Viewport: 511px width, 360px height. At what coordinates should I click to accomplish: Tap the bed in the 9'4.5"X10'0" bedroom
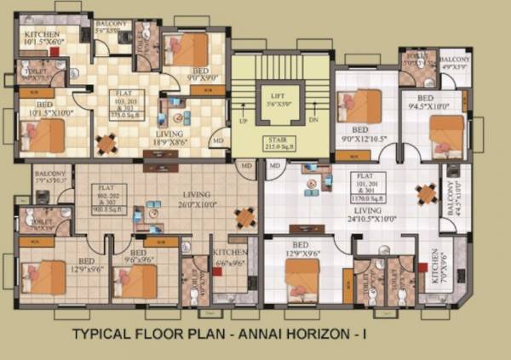click(x=445, y=132)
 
